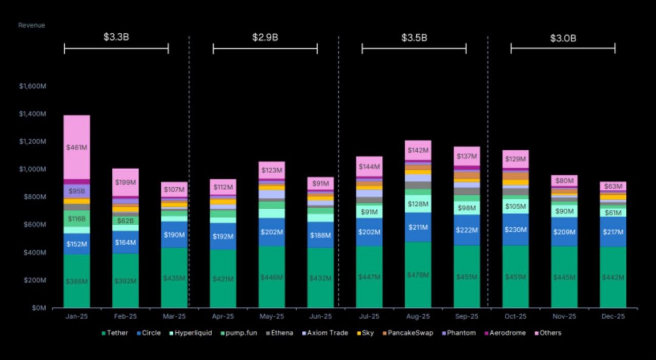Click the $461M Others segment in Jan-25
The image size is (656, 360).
point(77,147)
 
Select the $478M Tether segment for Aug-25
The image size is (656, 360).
point(418,275)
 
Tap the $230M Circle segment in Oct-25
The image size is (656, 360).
point(516,230)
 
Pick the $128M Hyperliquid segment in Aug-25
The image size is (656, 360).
point(418,204)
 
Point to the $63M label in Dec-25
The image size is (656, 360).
point(613,186)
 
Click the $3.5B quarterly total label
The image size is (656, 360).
point(414,37)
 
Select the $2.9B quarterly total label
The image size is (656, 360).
point(265,37)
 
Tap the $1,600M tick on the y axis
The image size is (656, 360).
point(33,86)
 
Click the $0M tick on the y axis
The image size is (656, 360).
point(39,308)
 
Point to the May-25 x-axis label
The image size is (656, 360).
point(272,316)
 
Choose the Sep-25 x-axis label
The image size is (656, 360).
point(466,316)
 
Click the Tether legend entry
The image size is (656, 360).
point(115,333)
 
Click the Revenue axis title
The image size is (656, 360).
point(32,25)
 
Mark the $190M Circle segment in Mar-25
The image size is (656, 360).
point(174,235)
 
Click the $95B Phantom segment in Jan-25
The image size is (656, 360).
point(77,191)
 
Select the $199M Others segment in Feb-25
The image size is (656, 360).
point(126,182)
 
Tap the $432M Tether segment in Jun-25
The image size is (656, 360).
point(320,278)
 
